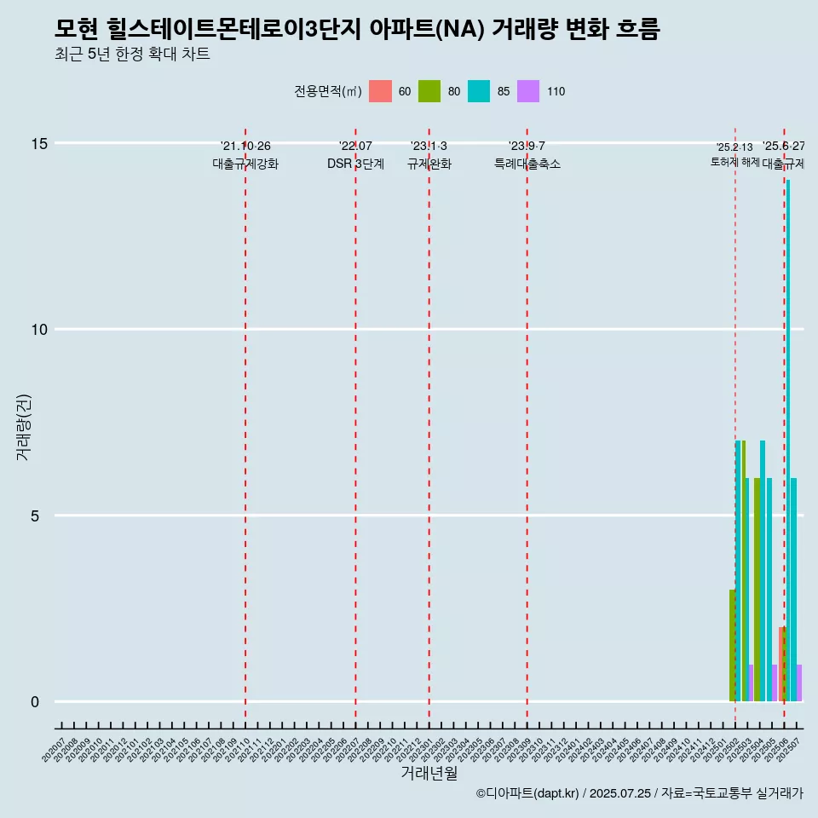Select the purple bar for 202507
pyautogui.click(x=799, y=683)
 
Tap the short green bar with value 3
pyautogui.click(x=732, y=645)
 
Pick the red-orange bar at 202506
pyautogui.click(x=781, y=665)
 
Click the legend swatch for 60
pyautogui.click(x=380, y=91)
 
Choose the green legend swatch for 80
pyautogui.click(x=429, y=91)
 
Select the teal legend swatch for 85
pyautogui.click(x=479, y=91)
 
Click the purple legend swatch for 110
pyautogui.click(x=528, y=91)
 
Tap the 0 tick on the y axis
pyautogui.click(x=35, y=702)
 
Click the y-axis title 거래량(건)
pyautogui.click(x=23, y=428)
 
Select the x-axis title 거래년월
pyautogui.click(x=429, y=773)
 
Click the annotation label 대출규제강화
pyautogui.click(x=245, y=164)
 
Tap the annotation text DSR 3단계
pyautogui.click(x=355, y=164)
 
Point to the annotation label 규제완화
pyautogui.click(x=429, y=164)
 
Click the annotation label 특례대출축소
pyautogui.click(x=527, y=164)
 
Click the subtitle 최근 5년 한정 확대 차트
pyautogui.click(x=131, y=55)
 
